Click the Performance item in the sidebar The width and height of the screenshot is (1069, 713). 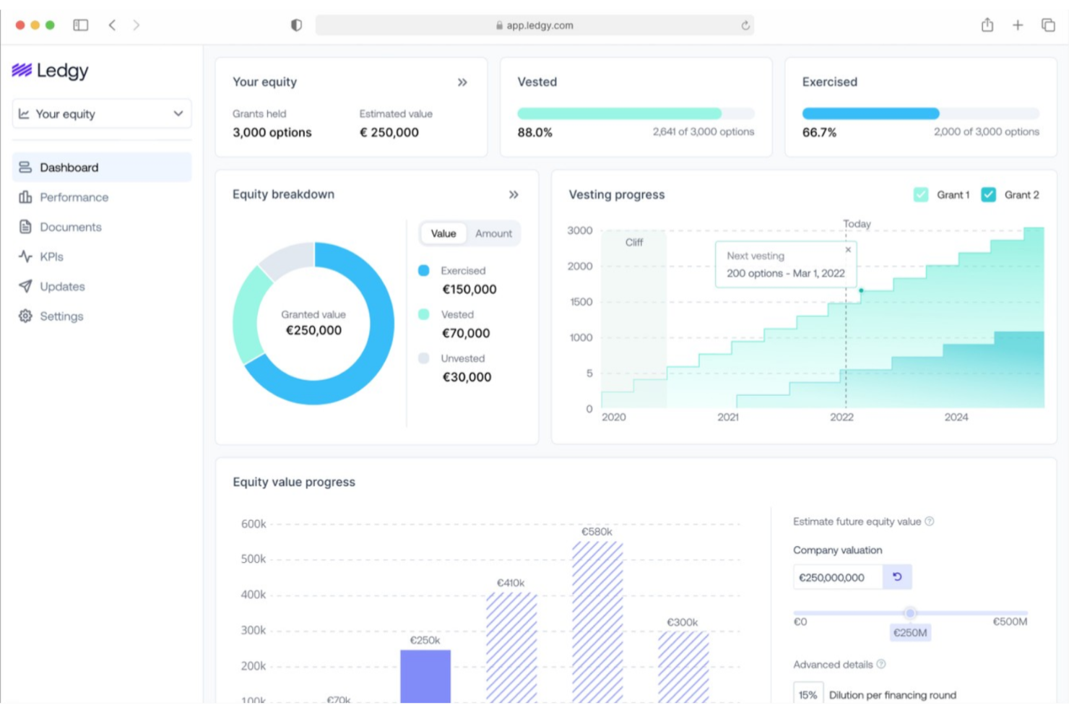[74, 197]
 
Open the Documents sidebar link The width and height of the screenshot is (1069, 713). [70, 227]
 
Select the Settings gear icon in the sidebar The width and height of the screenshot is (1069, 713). [25, 316]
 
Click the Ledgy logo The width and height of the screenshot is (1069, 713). [51, 71]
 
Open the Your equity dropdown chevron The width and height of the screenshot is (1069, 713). [178, 114]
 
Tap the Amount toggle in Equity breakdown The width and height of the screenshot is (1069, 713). [493, 233]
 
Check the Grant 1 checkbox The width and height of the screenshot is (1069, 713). [921, 195]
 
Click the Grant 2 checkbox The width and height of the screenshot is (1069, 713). [988, 195]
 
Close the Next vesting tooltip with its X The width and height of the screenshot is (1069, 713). [848, 250]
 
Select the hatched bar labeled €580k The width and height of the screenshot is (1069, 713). [597, 621]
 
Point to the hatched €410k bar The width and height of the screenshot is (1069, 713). [511, 647]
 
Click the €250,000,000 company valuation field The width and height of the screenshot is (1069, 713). [837, 577]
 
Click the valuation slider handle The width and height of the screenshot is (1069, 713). [910, 613]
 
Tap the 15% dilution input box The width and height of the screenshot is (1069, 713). [808, 694]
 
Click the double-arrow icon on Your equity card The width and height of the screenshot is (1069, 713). [462, 82]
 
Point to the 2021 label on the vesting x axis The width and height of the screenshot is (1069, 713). [728, 418]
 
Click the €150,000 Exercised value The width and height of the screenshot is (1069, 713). [469, 290]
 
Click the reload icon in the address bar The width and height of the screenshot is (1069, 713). [745, 25]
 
